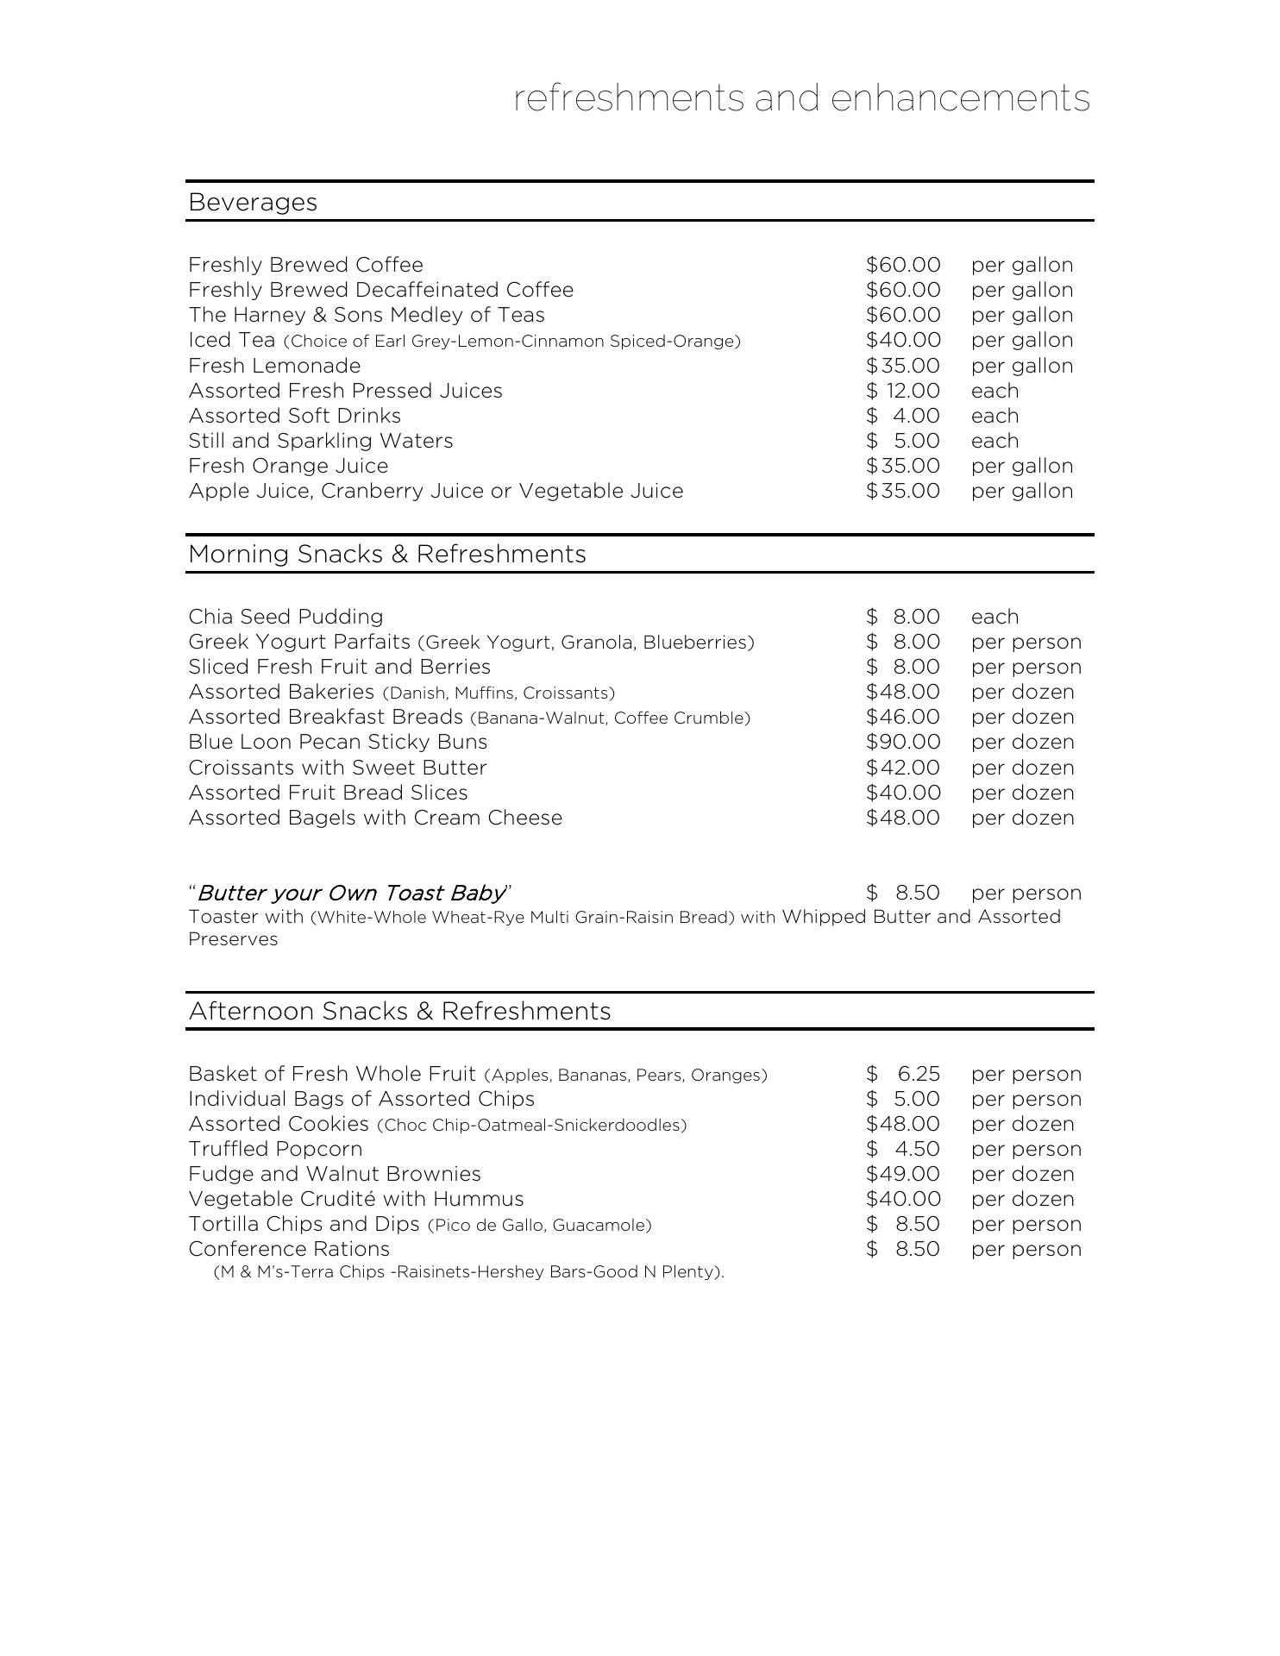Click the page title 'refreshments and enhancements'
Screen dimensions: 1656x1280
801,98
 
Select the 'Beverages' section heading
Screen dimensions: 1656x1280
253,202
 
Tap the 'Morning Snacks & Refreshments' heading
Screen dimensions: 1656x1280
386,554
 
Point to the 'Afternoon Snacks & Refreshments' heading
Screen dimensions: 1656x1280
399,1011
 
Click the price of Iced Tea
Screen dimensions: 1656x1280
903,340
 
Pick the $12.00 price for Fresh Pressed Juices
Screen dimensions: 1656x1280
903,391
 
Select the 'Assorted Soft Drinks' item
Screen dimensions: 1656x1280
294,416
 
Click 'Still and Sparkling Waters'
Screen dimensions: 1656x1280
320,441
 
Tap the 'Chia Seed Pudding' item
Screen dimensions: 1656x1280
285,617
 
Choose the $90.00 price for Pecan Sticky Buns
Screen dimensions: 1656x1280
903,742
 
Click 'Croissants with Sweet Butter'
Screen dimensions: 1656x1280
337,768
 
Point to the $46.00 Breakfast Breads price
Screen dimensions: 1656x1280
903,717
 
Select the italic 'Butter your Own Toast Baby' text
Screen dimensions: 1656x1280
351,893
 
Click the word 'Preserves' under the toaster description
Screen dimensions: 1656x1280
233,939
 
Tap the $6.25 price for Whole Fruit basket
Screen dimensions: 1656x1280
903,1074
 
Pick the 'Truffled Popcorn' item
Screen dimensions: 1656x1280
275,1149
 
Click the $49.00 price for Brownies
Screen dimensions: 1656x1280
903,1174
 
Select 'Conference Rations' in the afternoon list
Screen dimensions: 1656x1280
289,1249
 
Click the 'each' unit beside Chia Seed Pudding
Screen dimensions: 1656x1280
995,617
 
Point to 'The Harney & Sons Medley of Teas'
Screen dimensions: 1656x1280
367,315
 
